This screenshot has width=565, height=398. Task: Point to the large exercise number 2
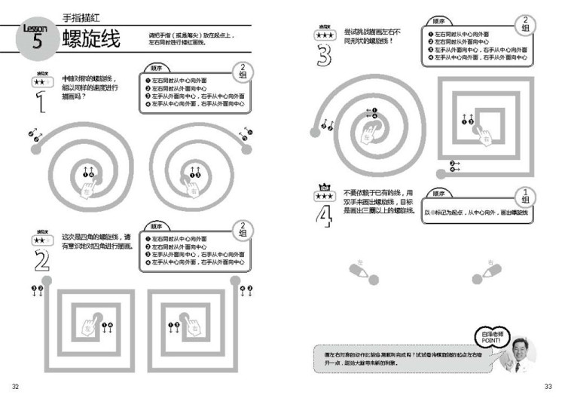(x=41, y=259)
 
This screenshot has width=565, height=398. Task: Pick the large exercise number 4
(x=325, y=215)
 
